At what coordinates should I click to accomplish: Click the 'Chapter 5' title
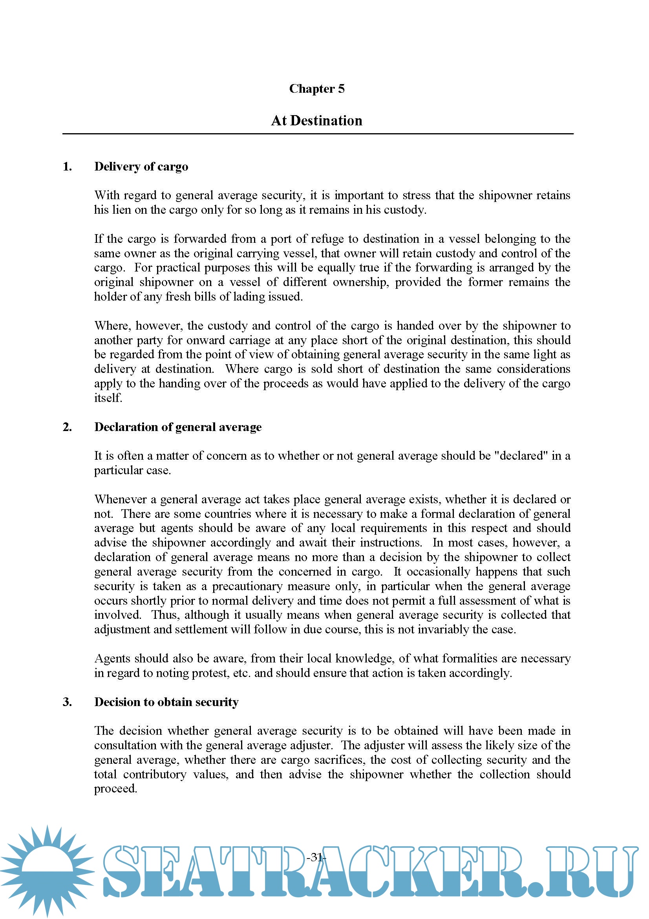317,88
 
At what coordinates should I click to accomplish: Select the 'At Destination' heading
317,121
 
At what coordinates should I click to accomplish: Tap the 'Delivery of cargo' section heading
141,167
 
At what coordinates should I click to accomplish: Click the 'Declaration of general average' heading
178,427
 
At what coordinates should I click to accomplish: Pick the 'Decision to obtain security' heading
166,702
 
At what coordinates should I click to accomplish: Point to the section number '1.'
67,167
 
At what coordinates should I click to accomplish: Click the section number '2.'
67,427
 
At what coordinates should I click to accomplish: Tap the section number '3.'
67,702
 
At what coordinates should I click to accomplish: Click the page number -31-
316,857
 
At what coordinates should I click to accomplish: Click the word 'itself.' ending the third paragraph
108,398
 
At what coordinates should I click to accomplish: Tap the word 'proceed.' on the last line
115,789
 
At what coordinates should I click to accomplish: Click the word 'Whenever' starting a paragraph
121,499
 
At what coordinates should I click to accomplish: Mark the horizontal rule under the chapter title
318,134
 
